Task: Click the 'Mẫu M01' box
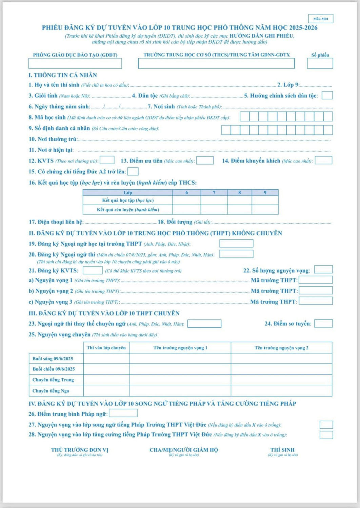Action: [x=320, y=19]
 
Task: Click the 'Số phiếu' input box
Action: [x=320, y=63]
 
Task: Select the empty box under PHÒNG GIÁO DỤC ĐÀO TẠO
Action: [x=75, y=63]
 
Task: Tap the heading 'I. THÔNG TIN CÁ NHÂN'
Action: [x=63, y=75]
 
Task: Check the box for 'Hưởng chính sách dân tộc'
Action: [x=327, y=96]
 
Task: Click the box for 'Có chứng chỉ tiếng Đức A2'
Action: [x=133, y=171]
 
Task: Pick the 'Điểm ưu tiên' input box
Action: [x=205, y=161]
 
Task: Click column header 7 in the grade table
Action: [x=214, y=192]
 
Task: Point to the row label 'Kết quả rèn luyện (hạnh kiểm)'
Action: [x=128, y=210]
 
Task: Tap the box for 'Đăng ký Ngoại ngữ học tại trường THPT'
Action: [x=236, y=244]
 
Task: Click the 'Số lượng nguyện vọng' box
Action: [x=323, y=270]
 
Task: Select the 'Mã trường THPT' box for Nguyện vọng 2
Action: [x=315, y=291]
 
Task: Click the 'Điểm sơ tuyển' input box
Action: [x=323, y=323]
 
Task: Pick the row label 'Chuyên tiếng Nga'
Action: [x=51, y=391]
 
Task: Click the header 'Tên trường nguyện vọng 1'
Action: [x=180, y=348]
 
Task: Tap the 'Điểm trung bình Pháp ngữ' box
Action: [x=123, y=413]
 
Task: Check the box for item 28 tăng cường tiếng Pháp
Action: [x=326, y=435]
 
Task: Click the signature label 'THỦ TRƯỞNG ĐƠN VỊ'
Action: [x=80, y=450]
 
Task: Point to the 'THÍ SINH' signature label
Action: [x=282, y=450]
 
